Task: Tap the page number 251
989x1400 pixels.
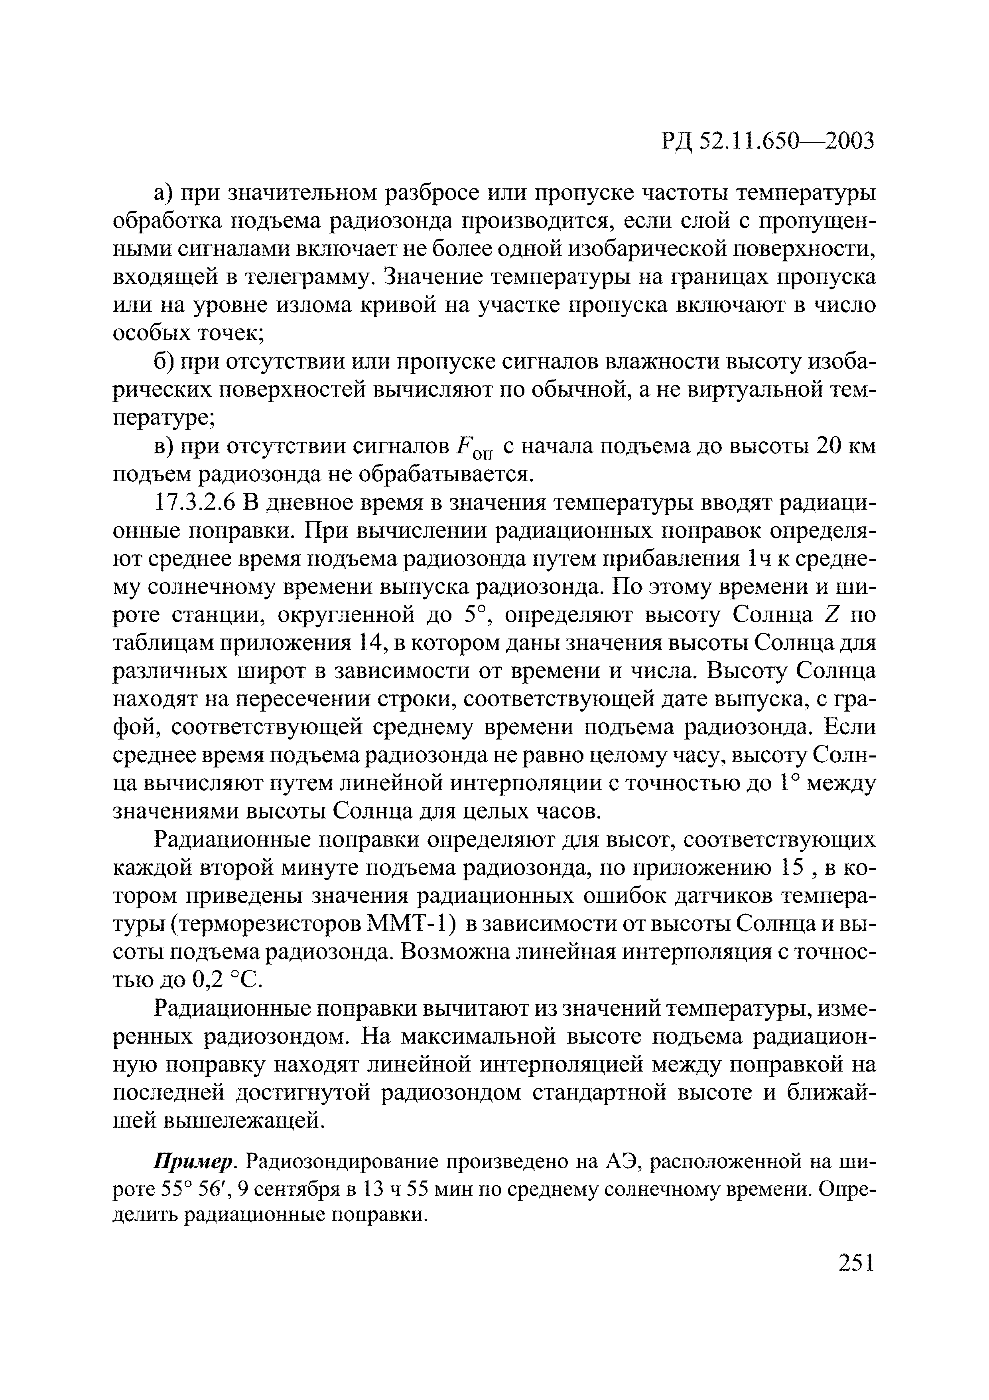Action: point(856,1262)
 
